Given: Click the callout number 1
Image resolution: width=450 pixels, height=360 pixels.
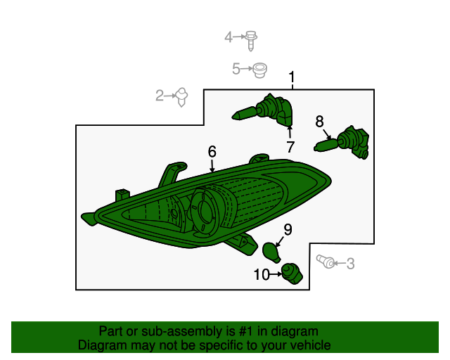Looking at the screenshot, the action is point(292,77).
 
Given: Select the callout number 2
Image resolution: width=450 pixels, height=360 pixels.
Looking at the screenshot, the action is point(160,96).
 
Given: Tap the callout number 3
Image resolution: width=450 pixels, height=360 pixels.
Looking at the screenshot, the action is point(350,264).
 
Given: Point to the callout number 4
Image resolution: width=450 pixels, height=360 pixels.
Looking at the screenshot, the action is point(228,37).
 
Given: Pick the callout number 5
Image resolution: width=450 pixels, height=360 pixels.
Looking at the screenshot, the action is point(236,69).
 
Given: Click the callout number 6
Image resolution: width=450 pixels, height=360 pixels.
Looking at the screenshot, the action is point(212,151).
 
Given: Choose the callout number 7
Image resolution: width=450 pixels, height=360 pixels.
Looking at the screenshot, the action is point(290,147).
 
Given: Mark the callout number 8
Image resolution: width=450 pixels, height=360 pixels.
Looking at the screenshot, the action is point(319,122).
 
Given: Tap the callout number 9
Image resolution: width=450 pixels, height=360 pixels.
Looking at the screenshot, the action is point(288,230).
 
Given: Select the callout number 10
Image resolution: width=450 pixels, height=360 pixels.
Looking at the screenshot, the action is point(262,274).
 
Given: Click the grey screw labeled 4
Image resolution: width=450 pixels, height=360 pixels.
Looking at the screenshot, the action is point(250,41).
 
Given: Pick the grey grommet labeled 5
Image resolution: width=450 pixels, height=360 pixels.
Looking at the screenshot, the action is point(259,70).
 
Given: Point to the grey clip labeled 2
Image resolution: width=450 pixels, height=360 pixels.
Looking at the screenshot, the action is point(181,97).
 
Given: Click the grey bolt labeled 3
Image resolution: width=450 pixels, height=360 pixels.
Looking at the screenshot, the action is point(326,262).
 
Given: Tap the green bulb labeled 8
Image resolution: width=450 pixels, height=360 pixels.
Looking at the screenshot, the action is point(342,143).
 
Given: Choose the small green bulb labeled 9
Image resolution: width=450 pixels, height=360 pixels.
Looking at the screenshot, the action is point(271,252).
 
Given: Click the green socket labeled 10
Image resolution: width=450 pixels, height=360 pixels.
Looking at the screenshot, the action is point(292,274).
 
